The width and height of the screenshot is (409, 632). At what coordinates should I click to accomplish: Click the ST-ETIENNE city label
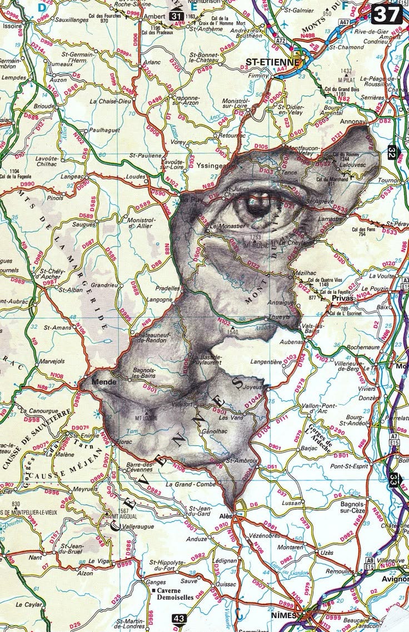(272, 62)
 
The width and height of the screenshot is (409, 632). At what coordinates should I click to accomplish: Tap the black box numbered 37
(386, 13)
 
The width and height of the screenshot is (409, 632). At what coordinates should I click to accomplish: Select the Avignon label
(394, 580)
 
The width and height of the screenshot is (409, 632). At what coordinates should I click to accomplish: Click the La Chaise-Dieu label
(108, 101)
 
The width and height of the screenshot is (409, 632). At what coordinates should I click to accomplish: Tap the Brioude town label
(44, 106)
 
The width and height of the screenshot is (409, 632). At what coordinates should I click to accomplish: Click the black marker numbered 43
(179, 618)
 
